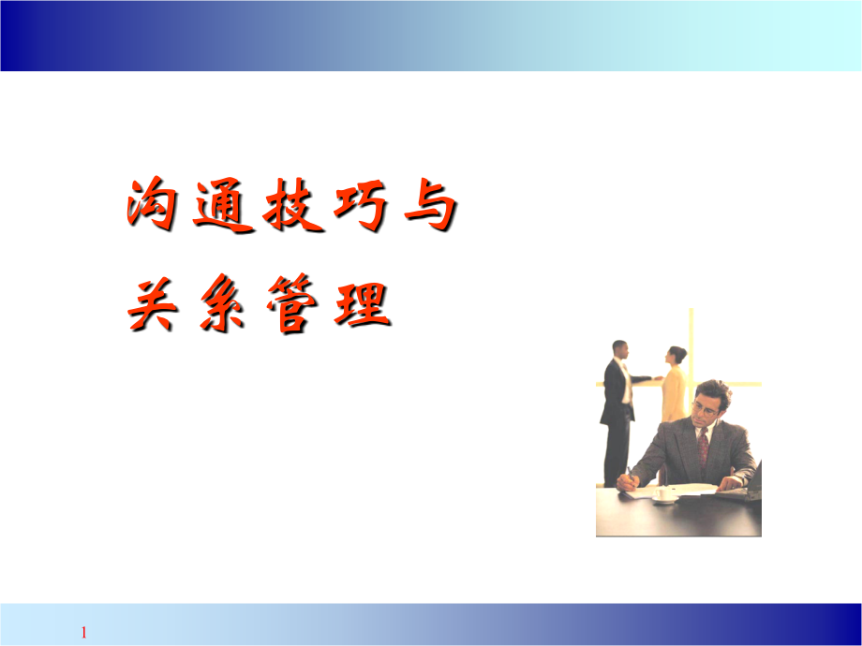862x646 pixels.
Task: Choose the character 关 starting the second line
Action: [154, 304]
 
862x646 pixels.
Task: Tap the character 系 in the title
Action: [220, 304]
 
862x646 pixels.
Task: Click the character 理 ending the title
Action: [361, 304]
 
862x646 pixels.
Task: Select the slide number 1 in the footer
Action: [83, 633]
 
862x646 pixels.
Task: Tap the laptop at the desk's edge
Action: [752, 482]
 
